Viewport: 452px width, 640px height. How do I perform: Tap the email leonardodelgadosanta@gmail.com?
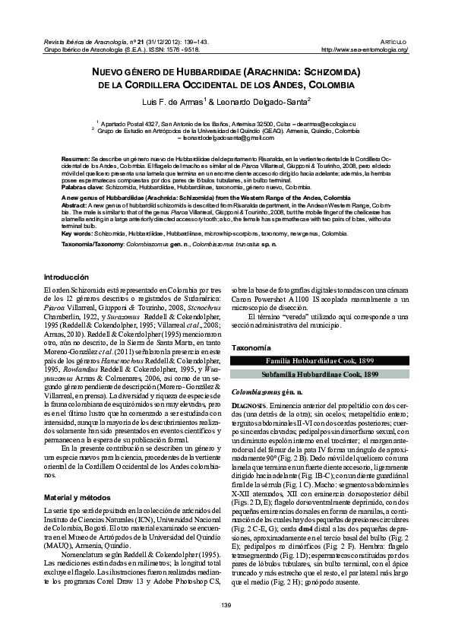tap(226, 138)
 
